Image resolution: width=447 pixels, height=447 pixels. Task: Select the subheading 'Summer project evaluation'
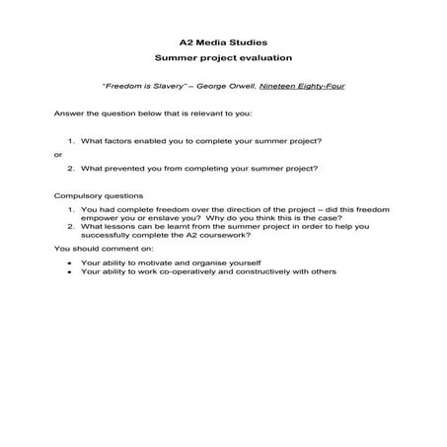(x=223, y=61)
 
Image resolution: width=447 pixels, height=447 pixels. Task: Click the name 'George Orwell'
(x=228, y=87)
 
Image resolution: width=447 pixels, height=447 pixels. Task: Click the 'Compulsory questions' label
(x=98, y=196)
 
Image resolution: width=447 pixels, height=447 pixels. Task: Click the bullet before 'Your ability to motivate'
(x=67, y=263)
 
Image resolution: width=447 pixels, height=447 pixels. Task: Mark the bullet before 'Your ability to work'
(x=67, y=272)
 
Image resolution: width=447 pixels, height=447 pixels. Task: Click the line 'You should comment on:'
(x=96, y=250)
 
